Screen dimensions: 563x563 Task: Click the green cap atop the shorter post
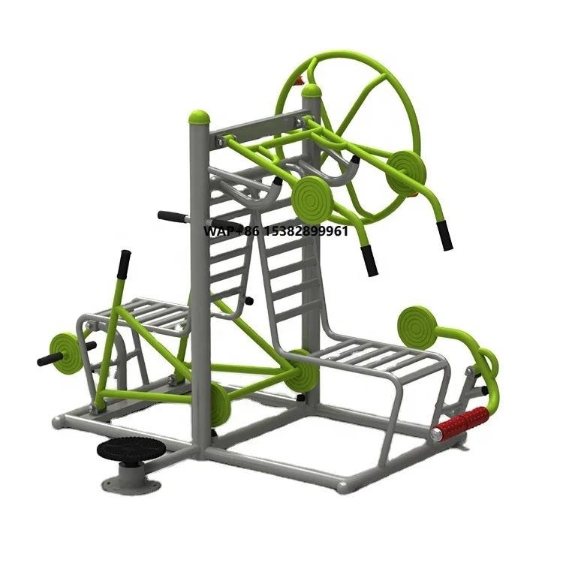tap(200, 117)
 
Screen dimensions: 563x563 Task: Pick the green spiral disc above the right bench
tap(417, 325)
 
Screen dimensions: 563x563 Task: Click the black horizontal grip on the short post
tap(171, 218)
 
